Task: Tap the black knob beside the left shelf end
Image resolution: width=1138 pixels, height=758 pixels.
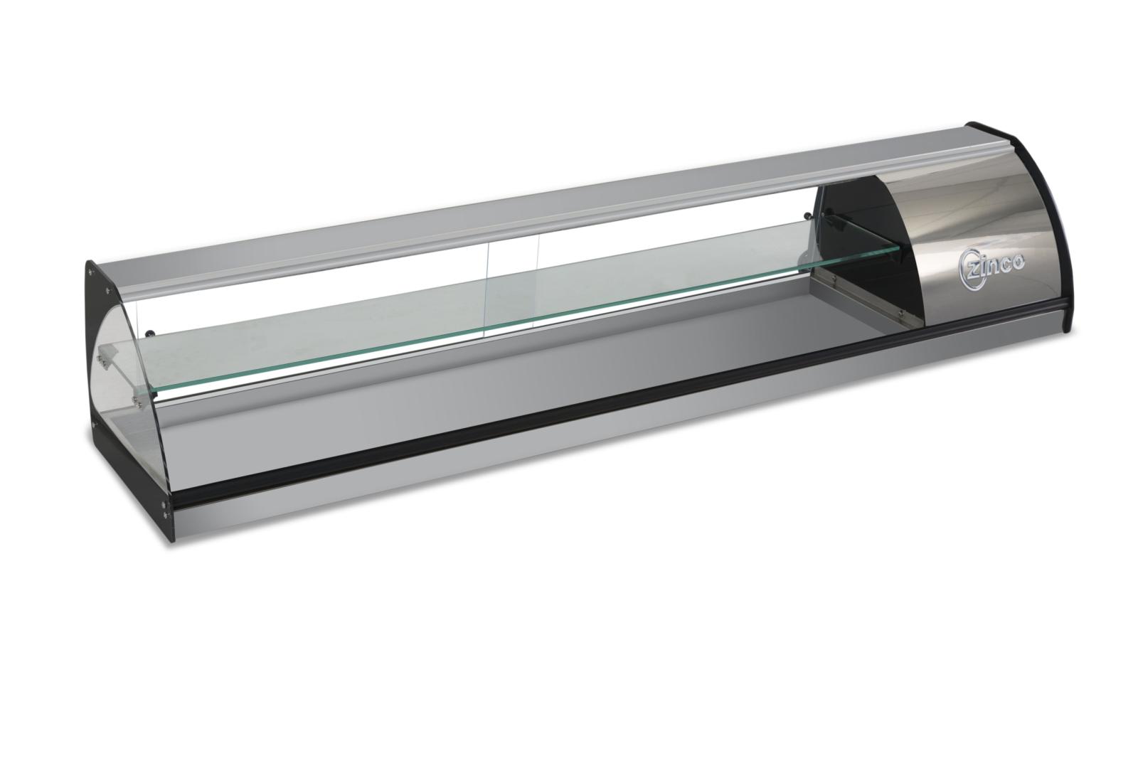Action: pyautogui.click(x=150, y=333)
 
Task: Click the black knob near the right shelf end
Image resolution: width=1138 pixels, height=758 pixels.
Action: pyautogui.click(x=807, y=215)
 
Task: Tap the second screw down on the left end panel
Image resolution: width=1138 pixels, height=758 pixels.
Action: pyautogui.click(x=107, y=291)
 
